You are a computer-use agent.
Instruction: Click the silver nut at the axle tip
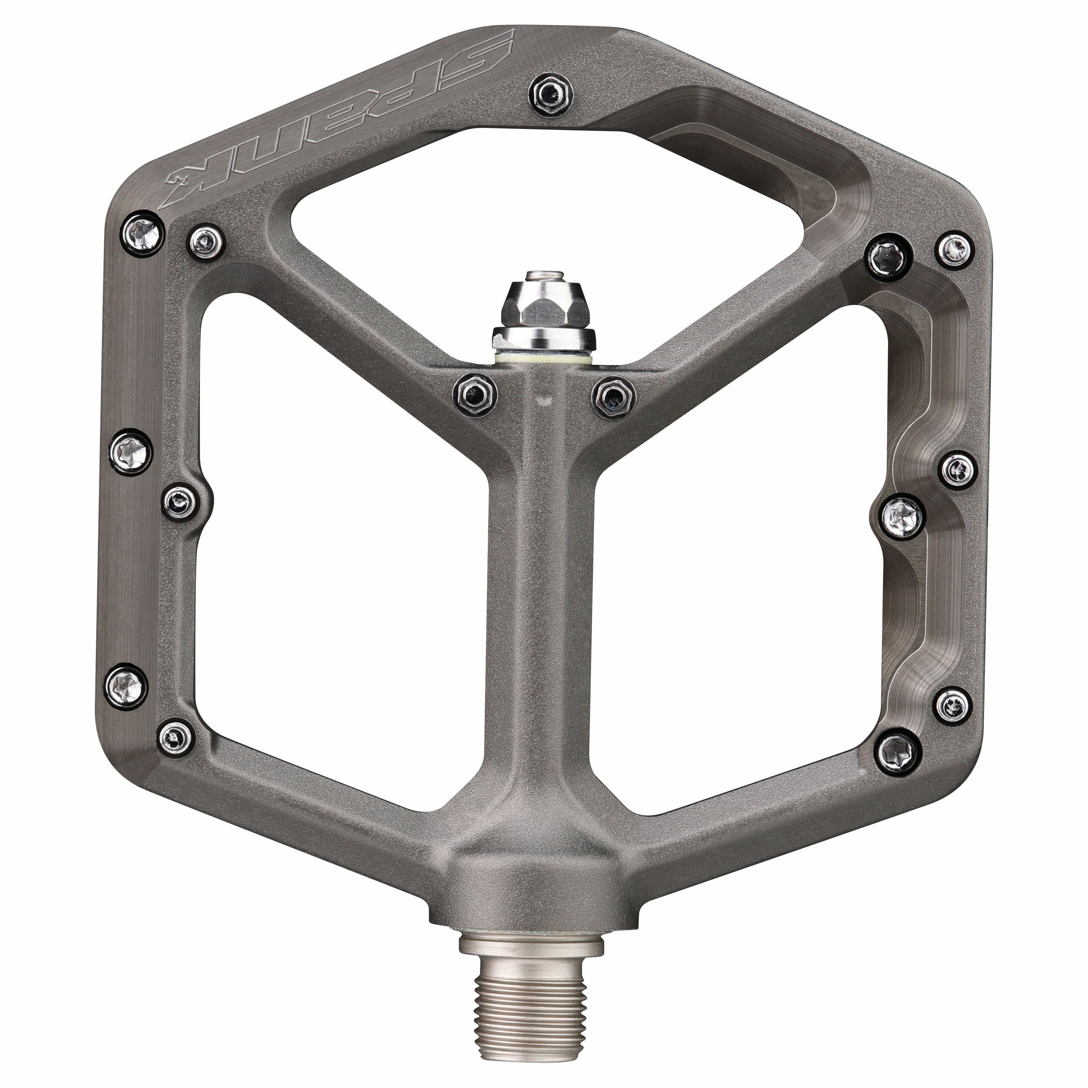click(543, 307)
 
